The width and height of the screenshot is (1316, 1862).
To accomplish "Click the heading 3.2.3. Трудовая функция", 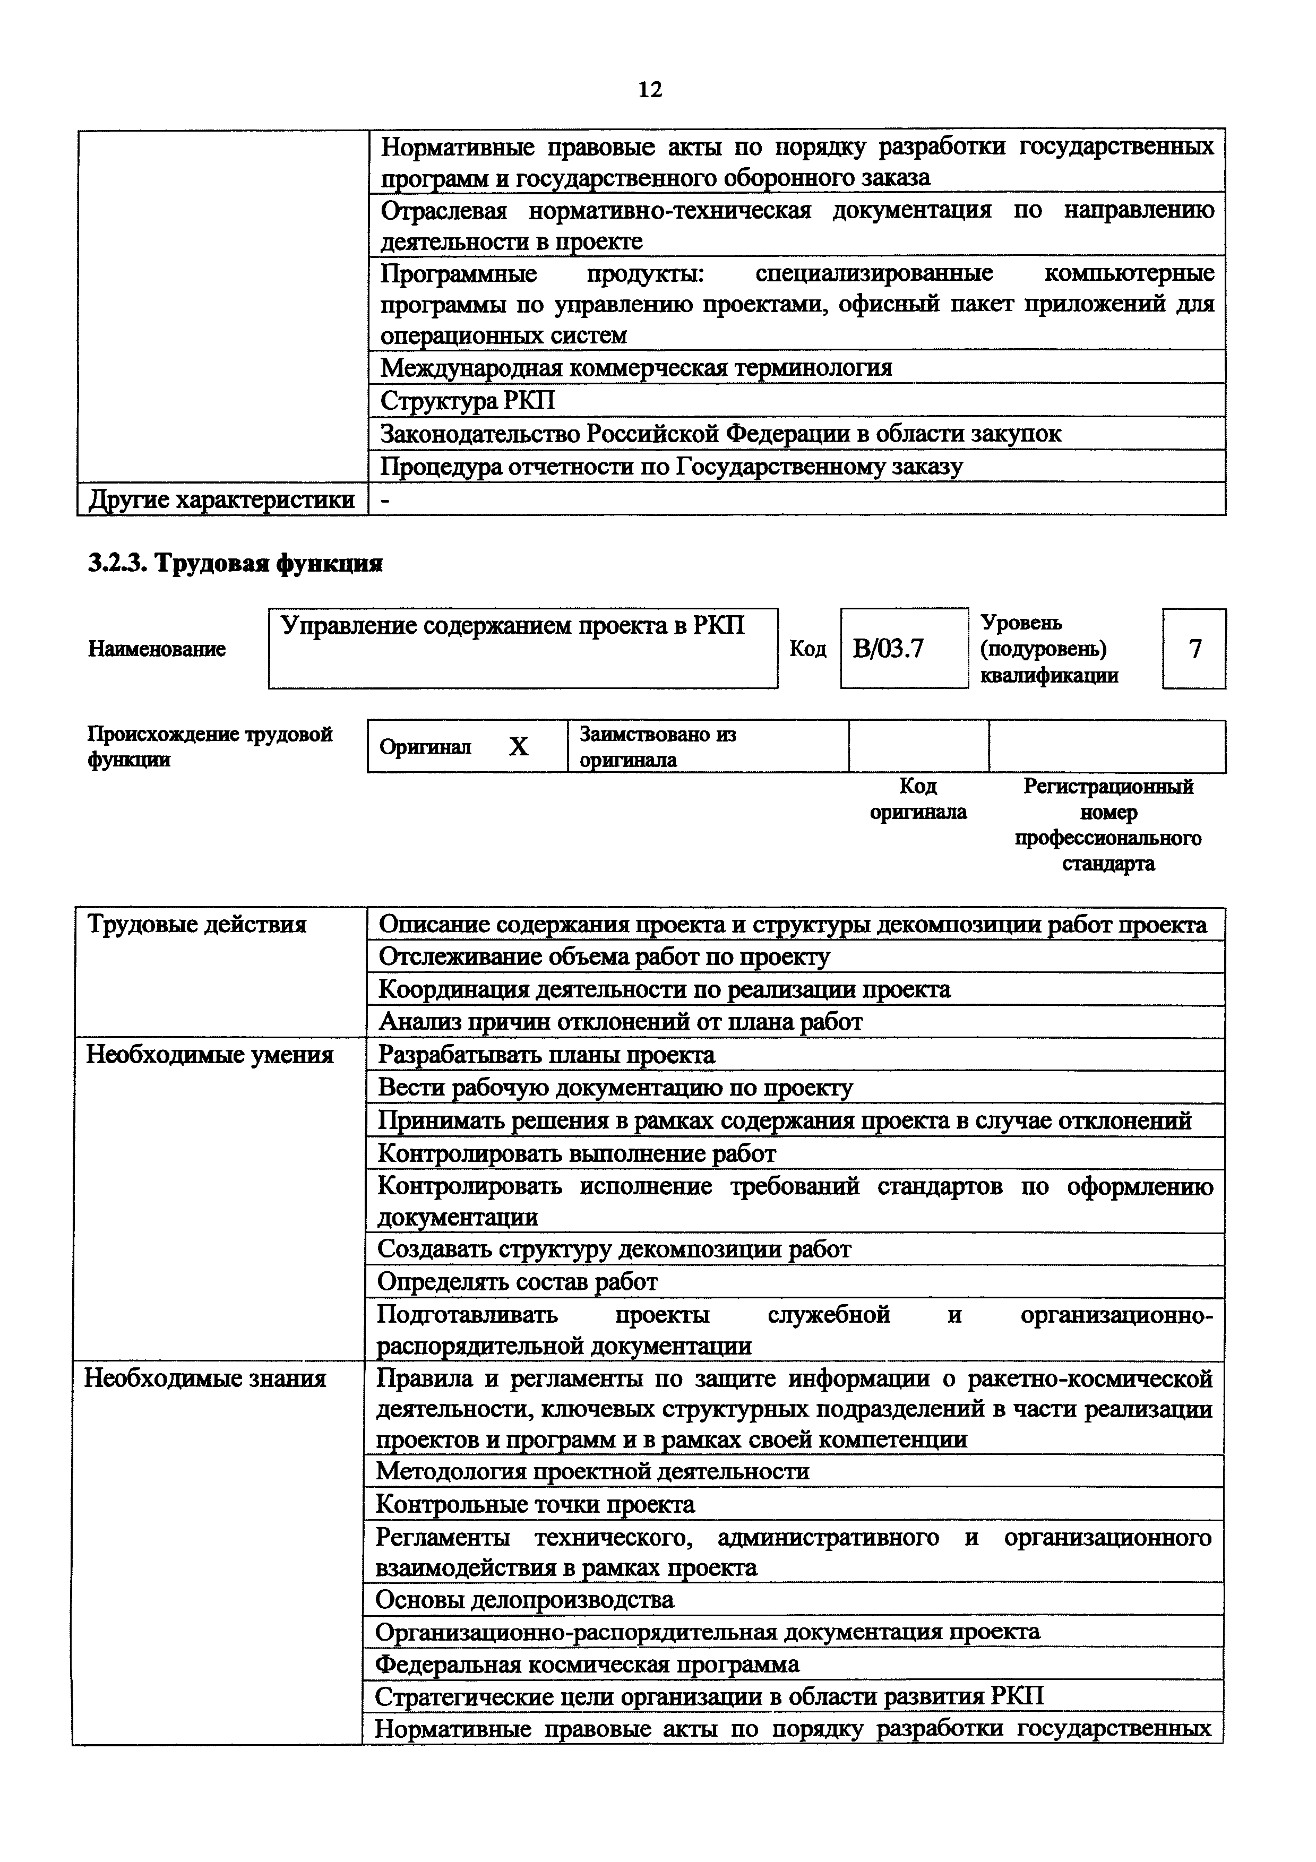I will point(235,563).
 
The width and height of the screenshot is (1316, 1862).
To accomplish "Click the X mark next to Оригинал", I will point(518,746).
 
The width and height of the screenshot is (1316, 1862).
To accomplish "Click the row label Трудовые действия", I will point(197,925).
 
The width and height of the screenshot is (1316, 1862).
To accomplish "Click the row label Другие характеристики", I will point(221,499).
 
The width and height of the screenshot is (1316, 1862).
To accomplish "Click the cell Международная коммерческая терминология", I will point(637,367).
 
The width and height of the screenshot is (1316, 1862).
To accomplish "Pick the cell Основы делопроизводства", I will point(524,1599).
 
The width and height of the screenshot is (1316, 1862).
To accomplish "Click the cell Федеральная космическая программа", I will point(587,1665).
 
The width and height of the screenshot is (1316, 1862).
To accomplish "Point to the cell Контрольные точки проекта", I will point(535,1504).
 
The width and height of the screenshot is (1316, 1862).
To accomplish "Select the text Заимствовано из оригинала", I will point(658,746).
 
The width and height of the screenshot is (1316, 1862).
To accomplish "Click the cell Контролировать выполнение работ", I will point(577,1153).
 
